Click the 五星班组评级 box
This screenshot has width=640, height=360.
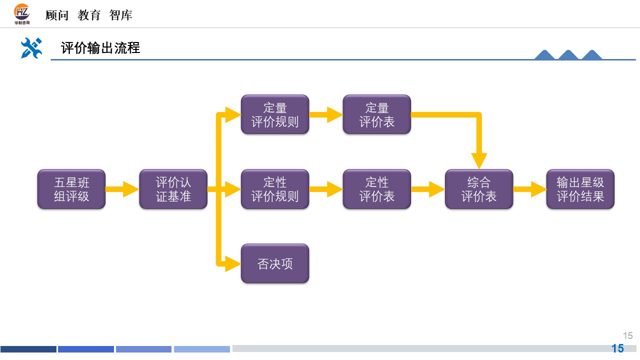pyautogui.click(x=71, y=189)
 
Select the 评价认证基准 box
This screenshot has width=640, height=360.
pyautogui.click(x=173, y=189)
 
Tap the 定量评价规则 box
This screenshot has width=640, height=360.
pyautogui.click(x=275, y=114)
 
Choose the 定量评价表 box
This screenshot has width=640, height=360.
pyautogui.click(x=377, y=114)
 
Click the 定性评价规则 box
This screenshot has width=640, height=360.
pyautogui.click(x=275, y=189)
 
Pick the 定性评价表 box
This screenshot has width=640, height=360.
pyautogui.click(x=377, y=189)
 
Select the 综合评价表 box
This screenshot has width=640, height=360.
pyautogui.click(x=479, y=189)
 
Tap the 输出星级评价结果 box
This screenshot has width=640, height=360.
pyautogui.click(x=580, y=189)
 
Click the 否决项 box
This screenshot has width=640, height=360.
pyautogui.click(x=275, y=263)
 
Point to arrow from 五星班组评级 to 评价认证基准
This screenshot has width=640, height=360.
pyautogui.click(x=122, y=189)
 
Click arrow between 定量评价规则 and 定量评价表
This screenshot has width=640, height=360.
pyautogui.click(x=326, y=114)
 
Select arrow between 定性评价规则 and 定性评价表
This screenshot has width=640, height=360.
pyautogui.click(x=326, y=189)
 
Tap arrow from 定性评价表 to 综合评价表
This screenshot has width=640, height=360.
pyautogui.click(x=428, y=189)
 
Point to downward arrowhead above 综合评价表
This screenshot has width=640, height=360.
pyautogui.click(x=478, y=160)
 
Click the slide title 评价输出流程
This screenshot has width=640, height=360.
pyautogui.click(x=100, y=48)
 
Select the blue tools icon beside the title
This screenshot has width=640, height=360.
pyautogui.click(x=31, y=48)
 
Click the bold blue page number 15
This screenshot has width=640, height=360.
pyautogui.click(x=618, y=348)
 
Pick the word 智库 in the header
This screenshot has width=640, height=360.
pyautogui.click(x=121, y=15)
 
